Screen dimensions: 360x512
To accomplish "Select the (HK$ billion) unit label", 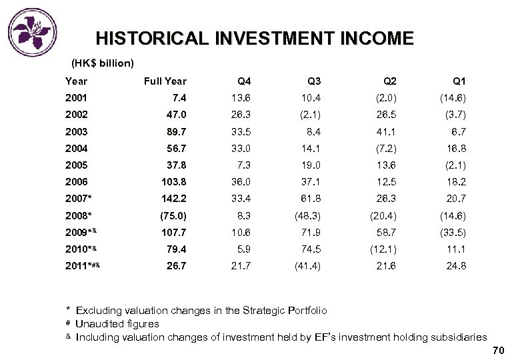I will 103,64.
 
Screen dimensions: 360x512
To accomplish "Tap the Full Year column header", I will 165,81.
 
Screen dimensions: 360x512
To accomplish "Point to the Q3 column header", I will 314,81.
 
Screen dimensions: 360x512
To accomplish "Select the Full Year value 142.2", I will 173,198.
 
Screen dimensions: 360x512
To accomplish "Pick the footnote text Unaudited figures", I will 117,324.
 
